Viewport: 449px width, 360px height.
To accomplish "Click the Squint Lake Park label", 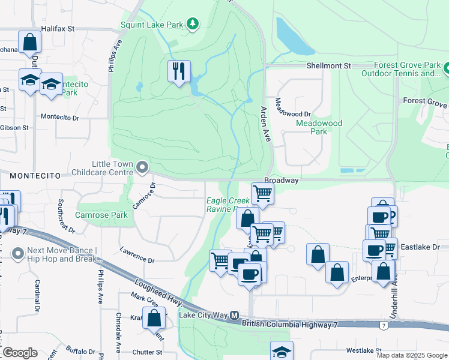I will pos(151,25).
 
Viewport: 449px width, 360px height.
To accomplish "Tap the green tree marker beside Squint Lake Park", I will pos(192,24).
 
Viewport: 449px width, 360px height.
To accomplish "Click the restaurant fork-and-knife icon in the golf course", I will pos(179,71).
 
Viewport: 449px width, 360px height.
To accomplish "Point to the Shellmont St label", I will pos(328,65).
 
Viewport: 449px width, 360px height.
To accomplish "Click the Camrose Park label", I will pos(101,215).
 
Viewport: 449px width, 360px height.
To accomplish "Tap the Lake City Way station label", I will pos(203,314).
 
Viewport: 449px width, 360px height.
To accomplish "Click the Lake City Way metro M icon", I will pos(235,314).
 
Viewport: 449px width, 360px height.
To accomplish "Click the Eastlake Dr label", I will pos(420,247).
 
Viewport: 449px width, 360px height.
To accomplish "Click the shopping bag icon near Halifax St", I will pos(29,43).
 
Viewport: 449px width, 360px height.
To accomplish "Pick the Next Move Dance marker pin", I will pos(17,255).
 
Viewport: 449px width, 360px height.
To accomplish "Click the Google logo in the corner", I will pos(19,352).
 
